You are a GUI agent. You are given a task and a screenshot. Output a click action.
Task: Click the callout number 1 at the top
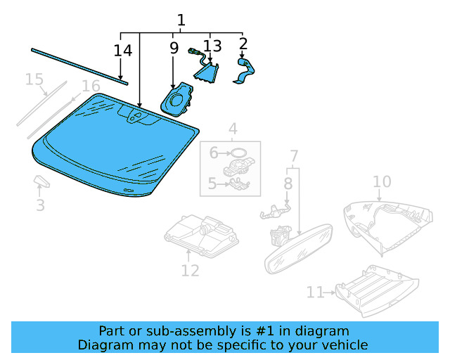[181, 20]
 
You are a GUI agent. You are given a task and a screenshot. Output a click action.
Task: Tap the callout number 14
[123, 51]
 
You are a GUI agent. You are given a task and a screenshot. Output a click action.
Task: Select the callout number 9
[173, 48]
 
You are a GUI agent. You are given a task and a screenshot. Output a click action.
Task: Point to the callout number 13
[212, 46]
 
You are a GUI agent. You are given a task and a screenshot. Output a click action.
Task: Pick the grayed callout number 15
[34, 79]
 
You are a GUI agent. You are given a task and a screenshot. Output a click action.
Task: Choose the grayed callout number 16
[91, 86]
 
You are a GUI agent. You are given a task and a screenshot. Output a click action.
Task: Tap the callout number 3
[40, 205]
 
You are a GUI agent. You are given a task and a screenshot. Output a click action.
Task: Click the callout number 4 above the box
[232, 129]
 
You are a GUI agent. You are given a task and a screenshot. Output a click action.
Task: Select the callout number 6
[214, 151]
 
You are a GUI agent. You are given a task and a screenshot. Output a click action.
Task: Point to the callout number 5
[212, 185]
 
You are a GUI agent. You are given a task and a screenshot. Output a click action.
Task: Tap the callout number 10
[381, 182]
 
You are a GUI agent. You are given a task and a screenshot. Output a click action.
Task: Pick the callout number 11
[315, 292]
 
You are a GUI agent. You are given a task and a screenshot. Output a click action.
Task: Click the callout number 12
[190, 270]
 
